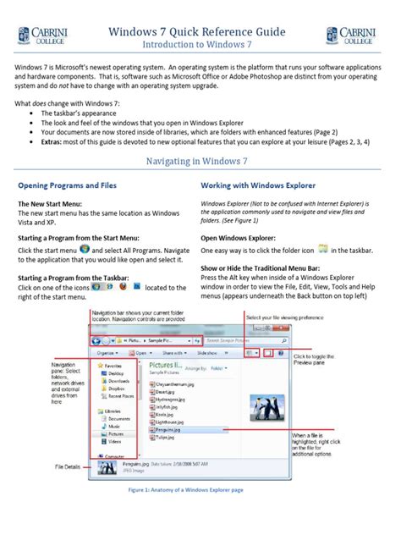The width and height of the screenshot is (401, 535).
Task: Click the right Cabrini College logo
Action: point(351,36)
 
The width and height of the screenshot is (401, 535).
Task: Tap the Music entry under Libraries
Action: point(117,425)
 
